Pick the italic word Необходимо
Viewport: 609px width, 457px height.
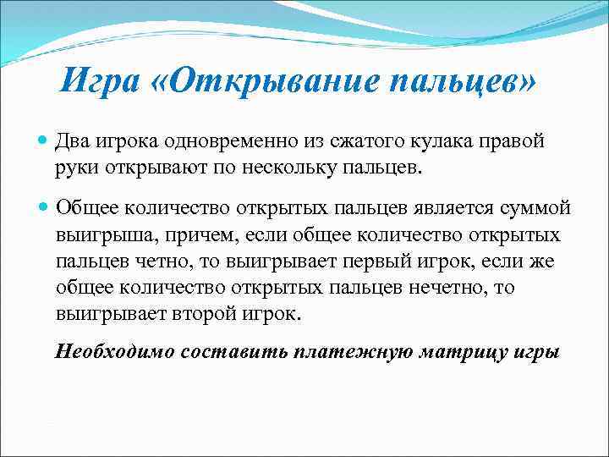(112, 351)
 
